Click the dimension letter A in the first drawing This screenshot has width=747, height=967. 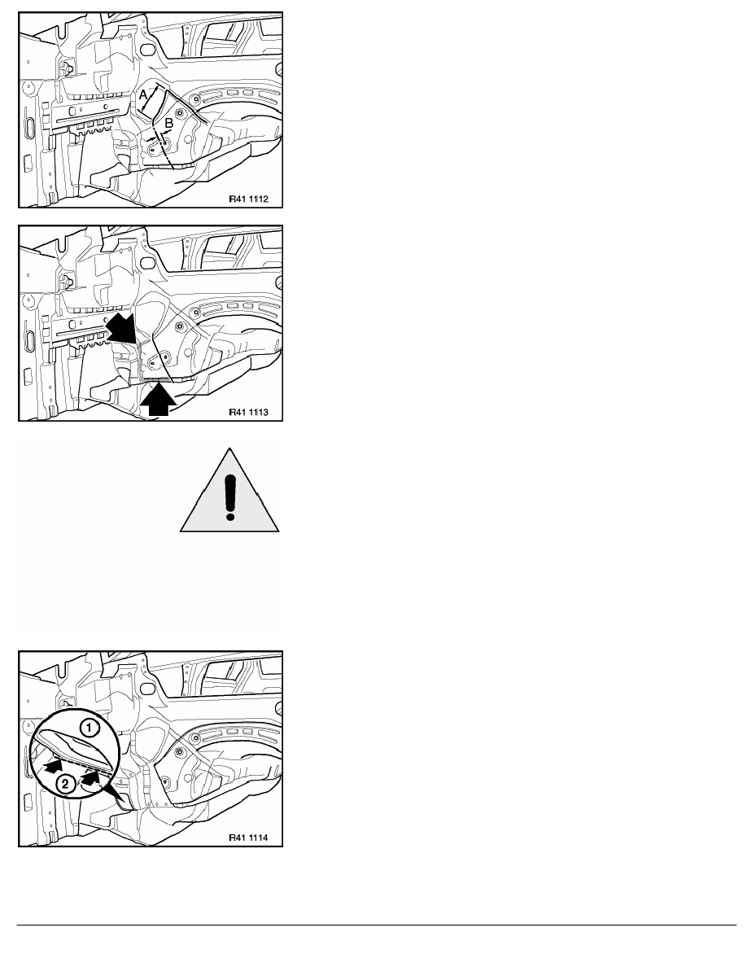(143, 95)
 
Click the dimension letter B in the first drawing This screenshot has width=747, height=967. (169, 124)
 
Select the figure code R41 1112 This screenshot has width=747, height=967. (248, 199)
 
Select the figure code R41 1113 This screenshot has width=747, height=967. (248, 412)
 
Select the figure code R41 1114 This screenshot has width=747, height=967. (248, 838)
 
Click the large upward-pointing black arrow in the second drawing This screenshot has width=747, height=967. (159, 399)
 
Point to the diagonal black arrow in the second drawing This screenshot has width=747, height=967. (122, 330)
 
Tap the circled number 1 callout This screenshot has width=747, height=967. (90, 729)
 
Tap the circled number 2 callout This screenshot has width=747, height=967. (66, 785)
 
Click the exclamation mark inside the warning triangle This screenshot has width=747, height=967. (230, 496)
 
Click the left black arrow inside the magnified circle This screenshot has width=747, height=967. (54, 766)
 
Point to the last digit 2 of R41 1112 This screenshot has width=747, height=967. (265, 199)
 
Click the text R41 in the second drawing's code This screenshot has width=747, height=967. (237, 412)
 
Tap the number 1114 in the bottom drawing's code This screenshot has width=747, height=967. (258, 838)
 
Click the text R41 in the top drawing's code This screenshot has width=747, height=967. (237, 199)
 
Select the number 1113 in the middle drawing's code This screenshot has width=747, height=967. (258, 412)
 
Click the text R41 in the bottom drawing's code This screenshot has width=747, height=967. (237, 838)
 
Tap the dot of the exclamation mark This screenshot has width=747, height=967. (230, 514)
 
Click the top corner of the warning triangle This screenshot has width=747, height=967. (229, 448)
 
